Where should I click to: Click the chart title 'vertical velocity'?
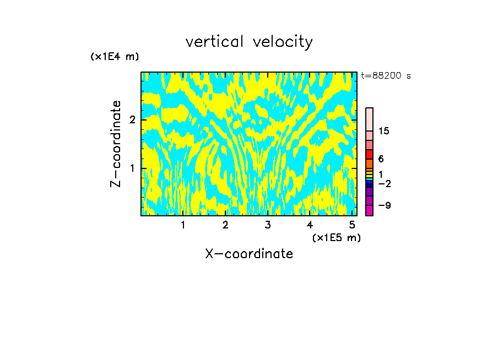[x=249, y=42]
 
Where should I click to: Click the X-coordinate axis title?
[x=249, y=254]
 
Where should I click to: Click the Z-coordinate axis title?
[x=116, y=144]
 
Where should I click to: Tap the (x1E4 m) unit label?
[x=115, y=57]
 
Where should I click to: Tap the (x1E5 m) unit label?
[x=337, y=237]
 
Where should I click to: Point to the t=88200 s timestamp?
[x=386, y=76]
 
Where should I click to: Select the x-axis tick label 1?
[x=183, y=225]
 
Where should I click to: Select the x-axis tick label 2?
[x=225, y=225]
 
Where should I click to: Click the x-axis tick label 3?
[x=268, y=225]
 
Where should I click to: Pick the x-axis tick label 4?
[x=310, y=225]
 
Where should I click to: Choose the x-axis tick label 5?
[x=352, y=225]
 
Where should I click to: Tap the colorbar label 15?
[x=384, y=131]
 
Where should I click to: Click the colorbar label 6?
[x=381, y=159]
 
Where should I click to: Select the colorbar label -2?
[x=384, y=183]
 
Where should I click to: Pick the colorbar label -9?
[x=384, y=205]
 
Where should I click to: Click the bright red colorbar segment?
[x=369, y=155]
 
